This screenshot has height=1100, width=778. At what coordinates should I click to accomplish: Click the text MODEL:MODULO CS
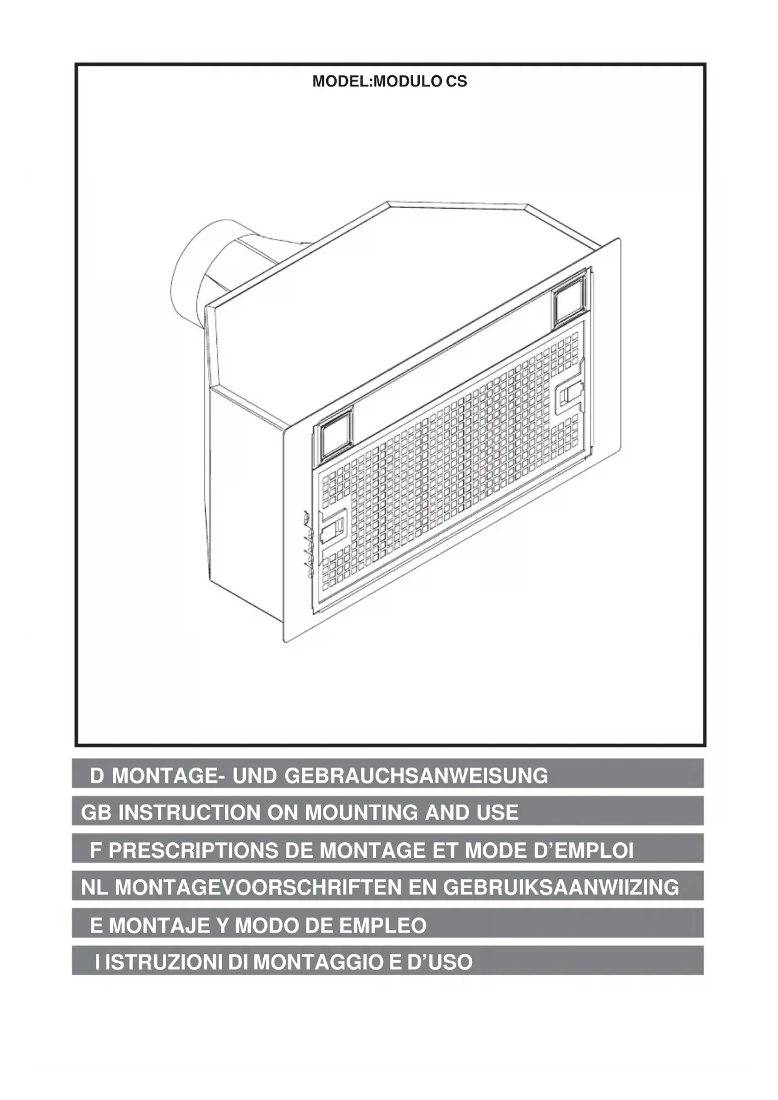(389, 82)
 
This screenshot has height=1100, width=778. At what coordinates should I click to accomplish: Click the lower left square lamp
(336, 433)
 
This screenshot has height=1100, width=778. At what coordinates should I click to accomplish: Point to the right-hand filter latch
(569, 395)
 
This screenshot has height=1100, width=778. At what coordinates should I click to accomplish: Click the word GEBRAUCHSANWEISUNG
(416, 776)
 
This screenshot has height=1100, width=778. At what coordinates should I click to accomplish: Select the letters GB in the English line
(96, 813)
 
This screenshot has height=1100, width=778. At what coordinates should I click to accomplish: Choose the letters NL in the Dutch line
(95, 887)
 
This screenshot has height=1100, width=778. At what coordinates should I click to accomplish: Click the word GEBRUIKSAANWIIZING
(561, 887)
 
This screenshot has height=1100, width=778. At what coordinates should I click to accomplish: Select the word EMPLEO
(382, 925)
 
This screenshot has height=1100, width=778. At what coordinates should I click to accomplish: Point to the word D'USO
(440, 962)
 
